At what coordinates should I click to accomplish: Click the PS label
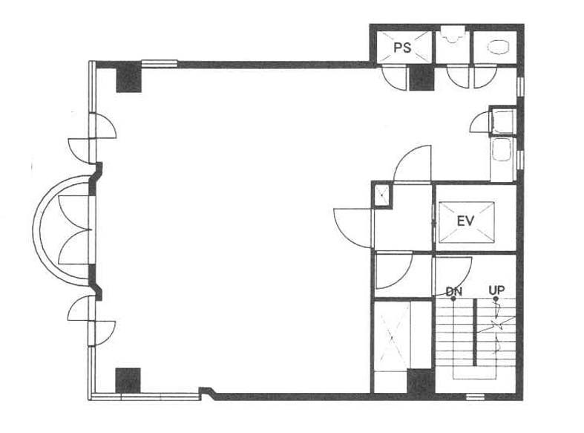[402, 48]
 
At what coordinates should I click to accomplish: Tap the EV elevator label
[465, 221]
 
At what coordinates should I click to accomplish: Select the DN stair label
[453, 291]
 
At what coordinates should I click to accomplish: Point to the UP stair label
[496, 290]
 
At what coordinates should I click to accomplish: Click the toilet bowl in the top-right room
[498, 48]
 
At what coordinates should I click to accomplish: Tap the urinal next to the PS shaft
[453, 35]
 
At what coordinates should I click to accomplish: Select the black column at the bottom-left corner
[128, 380]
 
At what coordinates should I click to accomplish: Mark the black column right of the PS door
[421, 78]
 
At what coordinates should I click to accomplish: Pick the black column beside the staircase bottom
[420, 381]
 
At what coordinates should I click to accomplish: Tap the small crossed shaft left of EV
[381, 195]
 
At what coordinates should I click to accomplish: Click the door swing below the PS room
[394, 77]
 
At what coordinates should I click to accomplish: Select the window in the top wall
[160, 64]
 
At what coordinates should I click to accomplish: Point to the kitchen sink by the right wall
[501, 150]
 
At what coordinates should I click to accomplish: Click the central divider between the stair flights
[475, 332]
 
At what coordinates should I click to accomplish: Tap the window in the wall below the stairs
[475, 397]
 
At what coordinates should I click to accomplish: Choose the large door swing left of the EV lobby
[353, 228]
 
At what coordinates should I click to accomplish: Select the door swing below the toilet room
[485, 76]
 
